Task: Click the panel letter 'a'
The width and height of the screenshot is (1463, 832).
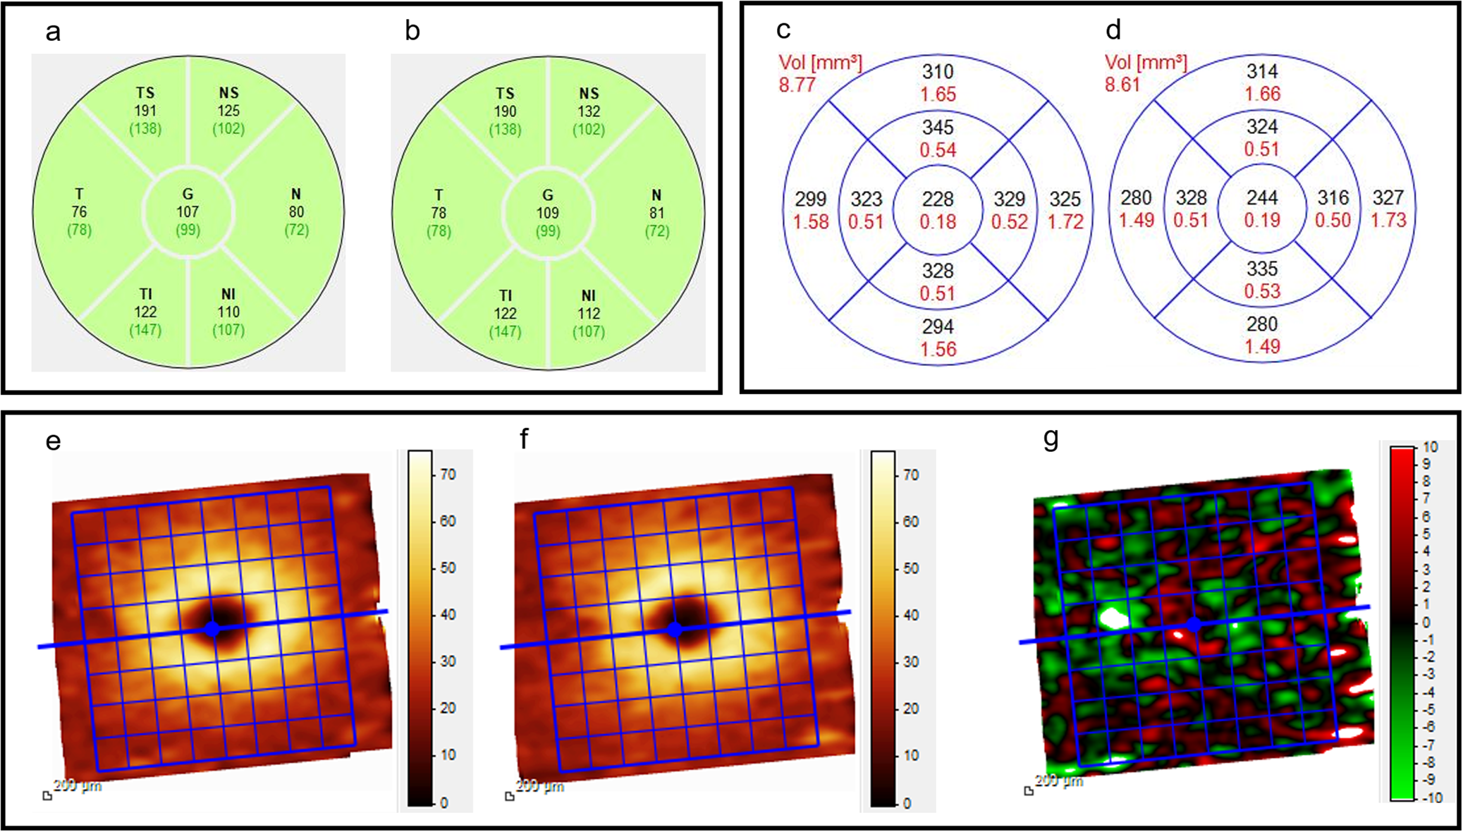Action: (53, 32)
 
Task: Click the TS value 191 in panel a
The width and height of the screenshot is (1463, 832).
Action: (145, 111)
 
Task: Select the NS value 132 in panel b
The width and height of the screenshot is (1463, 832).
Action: (589, 111)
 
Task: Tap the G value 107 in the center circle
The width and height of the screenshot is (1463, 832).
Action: (188, 212)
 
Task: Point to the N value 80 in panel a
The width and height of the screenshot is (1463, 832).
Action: (296, 212)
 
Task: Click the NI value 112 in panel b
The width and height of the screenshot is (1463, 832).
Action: (589, 313)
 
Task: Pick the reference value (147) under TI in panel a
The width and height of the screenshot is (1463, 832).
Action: (145, 330)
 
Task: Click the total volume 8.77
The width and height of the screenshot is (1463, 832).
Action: (797, 85)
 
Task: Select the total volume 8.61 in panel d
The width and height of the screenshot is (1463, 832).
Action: (1122, 85)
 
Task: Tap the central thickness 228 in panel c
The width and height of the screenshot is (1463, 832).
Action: (938, 199)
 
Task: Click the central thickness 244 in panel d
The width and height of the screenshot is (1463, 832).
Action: (1262, 198)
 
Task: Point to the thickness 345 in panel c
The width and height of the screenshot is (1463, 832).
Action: (938, 128)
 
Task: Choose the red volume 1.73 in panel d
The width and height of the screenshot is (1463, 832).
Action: (1388, 221)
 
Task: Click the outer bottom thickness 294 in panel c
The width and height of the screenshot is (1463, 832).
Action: (938, 326)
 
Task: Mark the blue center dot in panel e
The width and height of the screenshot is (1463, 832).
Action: (212, 628)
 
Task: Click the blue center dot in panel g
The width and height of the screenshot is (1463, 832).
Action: (1193, 624)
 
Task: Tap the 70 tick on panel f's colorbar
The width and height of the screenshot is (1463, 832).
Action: (911, 475)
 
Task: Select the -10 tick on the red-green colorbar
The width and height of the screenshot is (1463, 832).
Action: (1429, 798)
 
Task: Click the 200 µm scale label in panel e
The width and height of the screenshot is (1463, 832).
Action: (78, 785)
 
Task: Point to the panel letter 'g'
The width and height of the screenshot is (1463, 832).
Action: (1051, 439)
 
